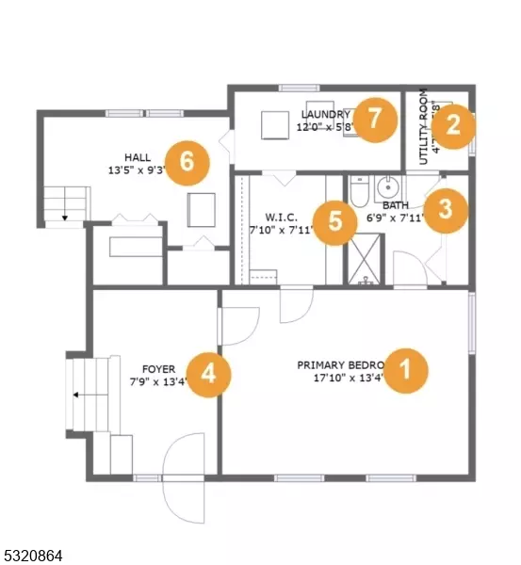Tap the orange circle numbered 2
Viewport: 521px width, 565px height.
tap(453, 124)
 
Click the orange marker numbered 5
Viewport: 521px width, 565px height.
tap(335, 222)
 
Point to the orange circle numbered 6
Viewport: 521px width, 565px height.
tap(187, 161)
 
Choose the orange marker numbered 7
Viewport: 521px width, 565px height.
tap(374, 120)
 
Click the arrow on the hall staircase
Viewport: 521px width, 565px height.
tap(65, 217)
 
